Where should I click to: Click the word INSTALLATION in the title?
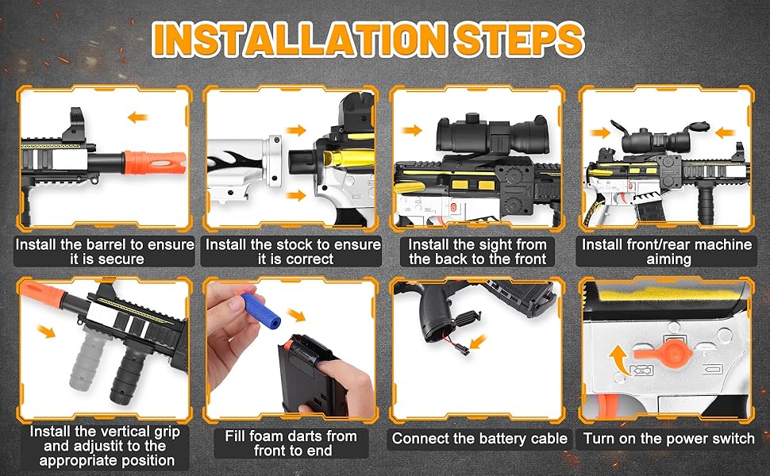pyautogui.click(x=299, y=39)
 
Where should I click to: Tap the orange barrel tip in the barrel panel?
pyautogui.click(x=155, y=163)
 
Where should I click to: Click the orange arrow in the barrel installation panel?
pyautogui.click(x=137, y=117)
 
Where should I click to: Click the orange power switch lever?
pyautogui.click(x=664, y=352)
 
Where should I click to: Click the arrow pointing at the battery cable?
pyautogui.click(x=477, y=342)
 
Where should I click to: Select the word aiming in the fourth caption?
pyautogui.click(x=668, y=259)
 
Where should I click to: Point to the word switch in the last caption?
pyautogui.click(x=732, y=438)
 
